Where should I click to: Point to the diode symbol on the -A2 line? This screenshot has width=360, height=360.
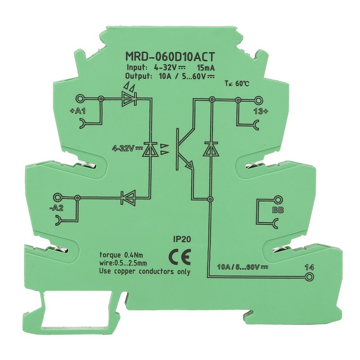click(127, 197)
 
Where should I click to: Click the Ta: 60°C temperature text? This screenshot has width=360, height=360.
click(237, 84)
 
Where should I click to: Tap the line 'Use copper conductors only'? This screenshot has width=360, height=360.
click(144, 271)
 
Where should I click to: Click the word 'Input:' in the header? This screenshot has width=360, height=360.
click(136, 67)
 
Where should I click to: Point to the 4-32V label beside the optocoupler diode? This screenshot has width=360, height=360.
click(126, 148)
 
